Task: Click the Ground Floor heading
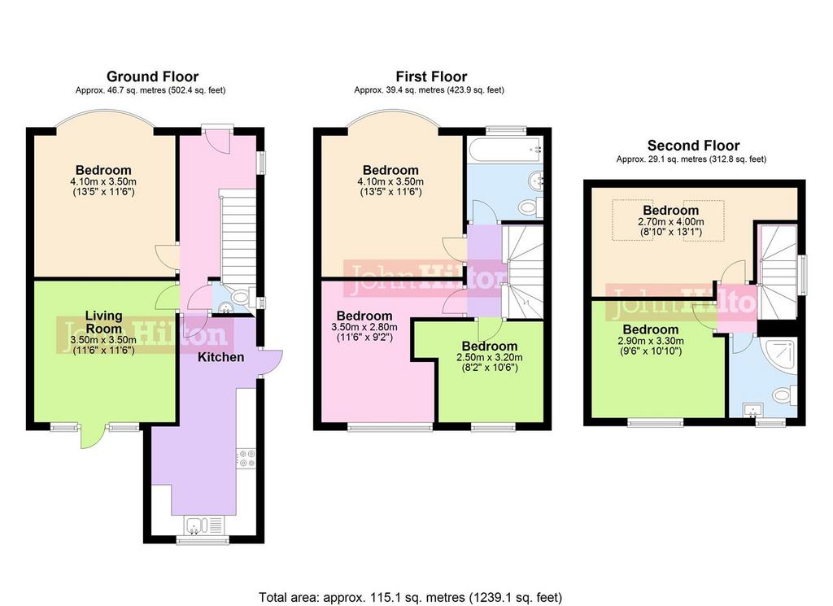click(152, 77)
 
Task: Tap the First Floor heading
click(431, 77)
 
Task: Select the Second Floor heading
click(693, 146)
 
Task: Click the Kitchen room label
click(221, 357)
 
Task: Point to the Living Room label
click(103, 322)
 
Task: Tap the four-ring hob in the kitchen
click(246, 458)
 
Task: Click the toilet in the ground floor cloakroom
click(242, 295)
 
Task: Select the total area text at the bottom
click(410, 598)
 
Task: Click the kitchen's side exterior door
click(271, 364)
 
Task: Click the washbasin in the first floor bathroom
click(535, 180)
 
